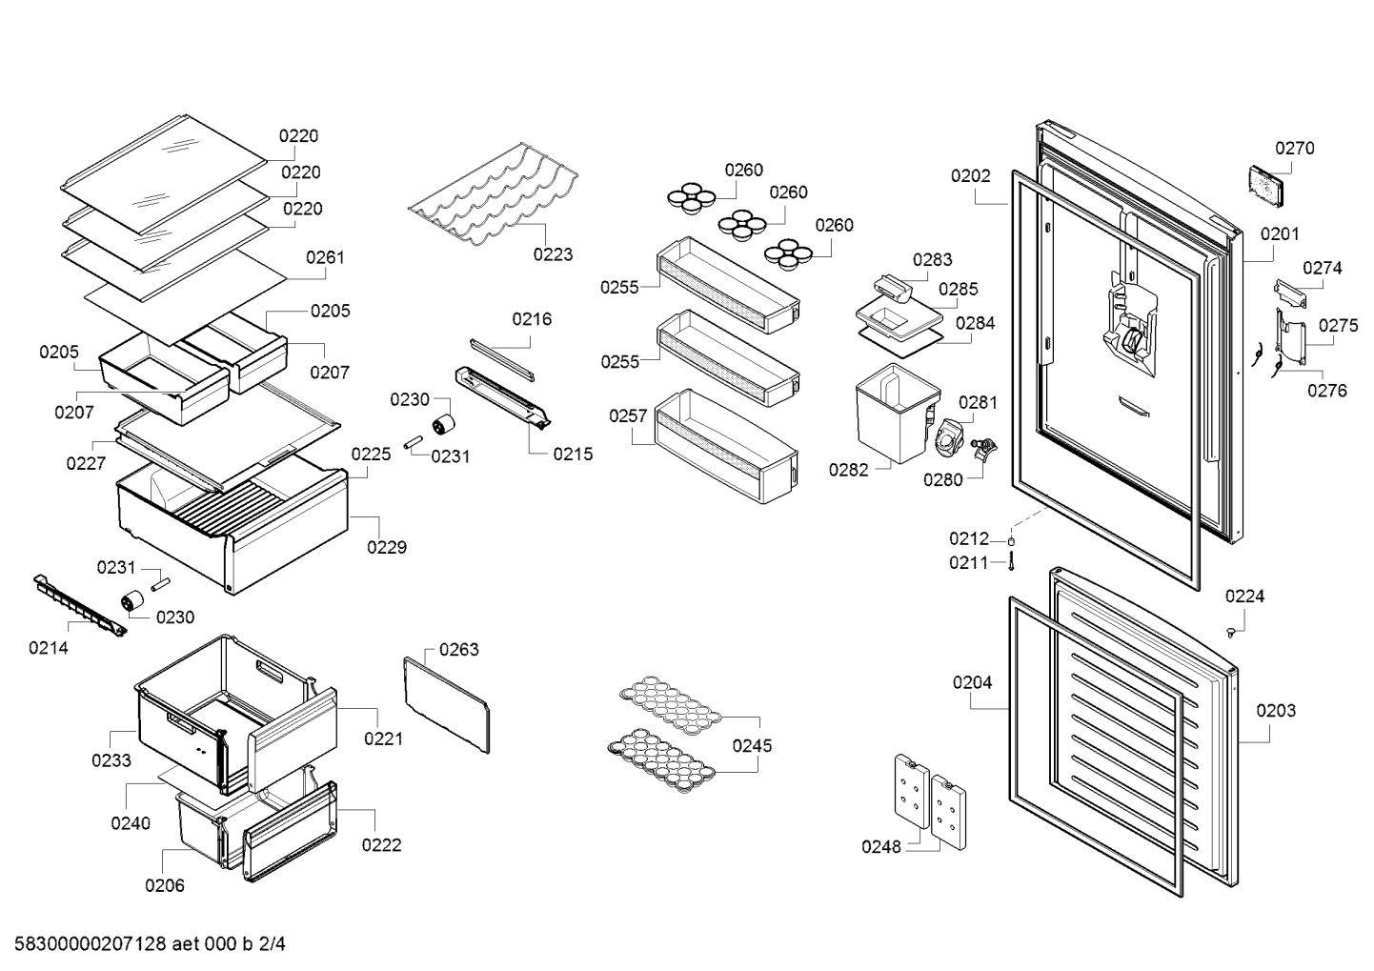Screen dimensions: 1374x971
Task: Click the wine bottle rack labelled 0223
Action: click(494, 195)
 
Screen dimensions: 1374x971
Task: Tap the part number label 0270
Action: click(1294, 149)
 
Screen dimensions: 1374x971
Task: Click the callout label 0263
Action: click(459, 650)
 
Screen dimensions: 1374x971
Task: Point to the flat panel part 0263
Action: click(447, 705)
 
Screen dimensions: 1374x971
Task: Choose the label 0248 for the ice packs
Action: click(881, 847)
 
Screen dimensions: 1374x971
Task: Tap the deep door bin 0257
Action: click(726, 447)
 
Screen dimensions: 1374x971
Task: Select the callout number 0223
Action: click(553, 254)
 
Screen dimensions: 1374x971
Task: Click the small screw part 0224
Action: click(1230, 633)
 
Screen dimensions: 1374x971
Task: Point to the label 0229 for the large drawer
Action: click(387, 547)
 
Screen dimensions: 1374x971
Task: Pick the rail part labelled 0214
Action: click(80, 606)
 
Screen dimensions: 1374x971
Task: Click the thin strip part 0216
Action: click(502, 359)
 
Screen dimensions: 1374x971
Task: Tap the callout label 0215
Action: click(573, 455)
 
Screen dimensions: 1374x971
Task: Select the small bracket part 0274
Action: click(1290, 293)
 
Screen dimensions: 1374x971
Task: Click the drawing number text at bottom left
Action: click(151, 944)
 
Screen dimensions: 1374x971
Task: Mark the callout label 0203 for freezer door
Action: click(1276, 711)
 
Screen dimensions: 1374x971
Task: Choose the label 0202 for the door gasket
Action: click(970, 176)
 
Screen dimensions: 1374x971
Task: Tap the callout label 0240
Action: click(131, 823)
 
